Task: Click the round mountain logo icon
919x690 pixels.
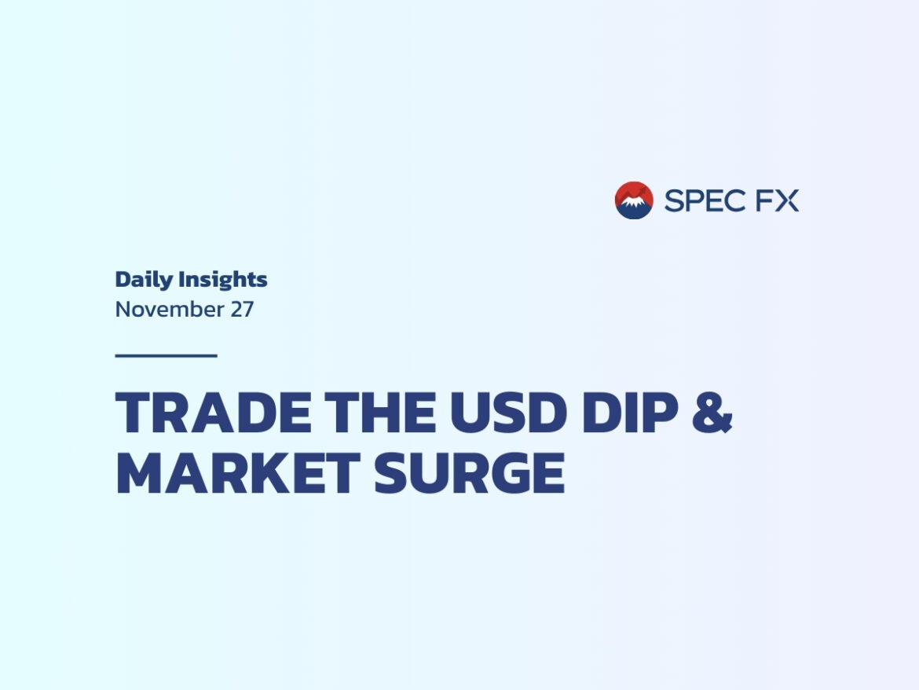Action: click(x=634, y=200)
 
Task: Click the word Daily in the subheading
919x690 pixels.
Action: click(x=144, y=281)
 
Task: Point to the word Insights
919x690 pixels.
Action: click(x=223, y=280)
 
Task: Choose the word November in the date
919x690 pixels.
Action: click(x=170, y=310)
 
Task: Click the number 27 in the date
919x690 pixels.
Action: click(x=241, y=310)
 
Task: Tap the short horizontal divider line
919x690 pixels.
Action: click(x=167, y=355)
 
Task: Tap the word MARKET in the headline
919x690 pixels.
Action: click(x=238, y=473)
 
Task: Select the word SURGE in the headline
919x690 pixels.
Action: click(x=470, y=473)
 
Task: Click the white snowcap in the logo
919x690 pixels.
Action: click(x=632, y=202)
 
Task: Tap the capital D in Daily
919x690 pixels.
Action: click(x=123, y=279)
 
